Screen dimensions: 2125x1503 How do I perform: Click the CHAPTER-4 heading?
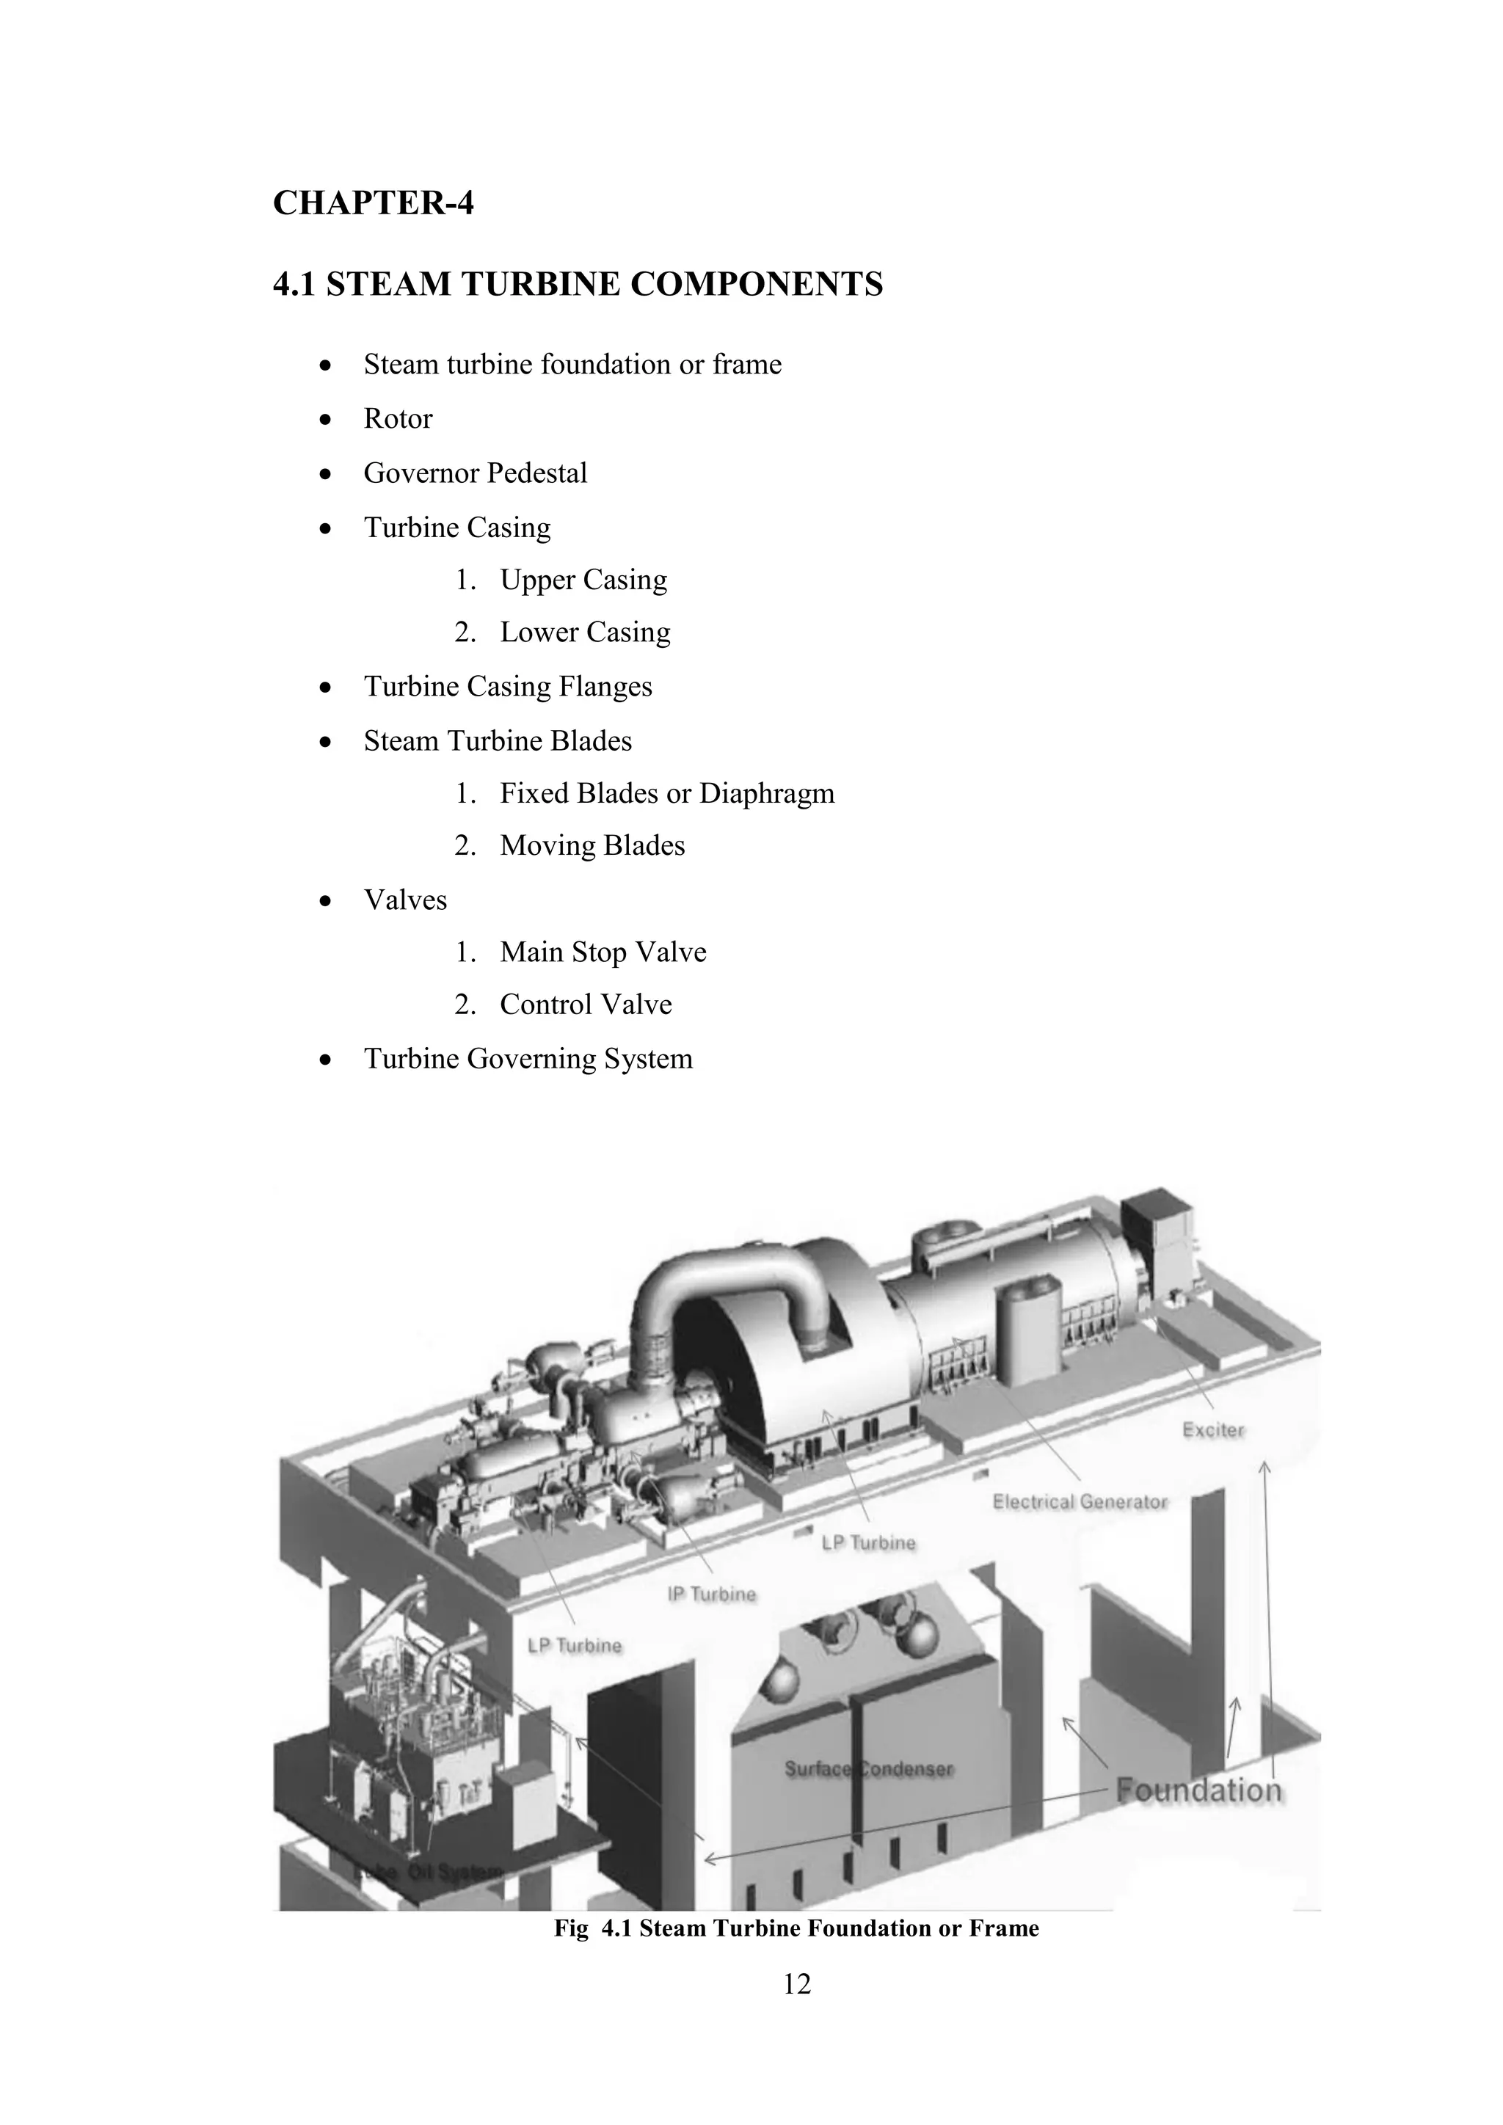373,203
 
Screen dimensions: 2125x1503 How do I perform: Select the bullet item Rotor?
397,418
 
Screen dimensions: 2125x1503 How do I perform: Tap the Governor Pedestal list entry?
475,473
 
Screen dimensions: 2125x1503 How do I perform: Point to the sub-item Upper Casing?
582,580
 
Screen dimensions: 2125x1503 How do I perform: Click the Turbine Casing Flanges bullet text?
507,687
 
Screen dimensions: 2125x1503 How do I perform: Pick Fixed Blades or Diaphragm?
666,793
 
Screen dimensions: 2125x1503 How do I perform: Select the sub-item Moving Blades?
592,846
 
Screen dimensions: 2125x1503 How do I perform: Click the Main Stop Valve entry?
603,952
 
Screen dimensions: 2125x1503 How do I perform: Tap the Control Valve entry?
585,1005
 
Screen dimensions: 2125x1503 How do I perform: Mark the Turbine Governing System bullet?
528,1059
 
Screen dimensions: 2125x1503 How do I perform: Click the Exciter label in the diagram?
1213,1430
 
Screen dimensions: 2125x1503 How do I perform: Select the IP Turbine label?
711,1594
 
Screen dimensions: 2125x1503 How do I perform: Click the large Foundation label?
1198,1790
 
